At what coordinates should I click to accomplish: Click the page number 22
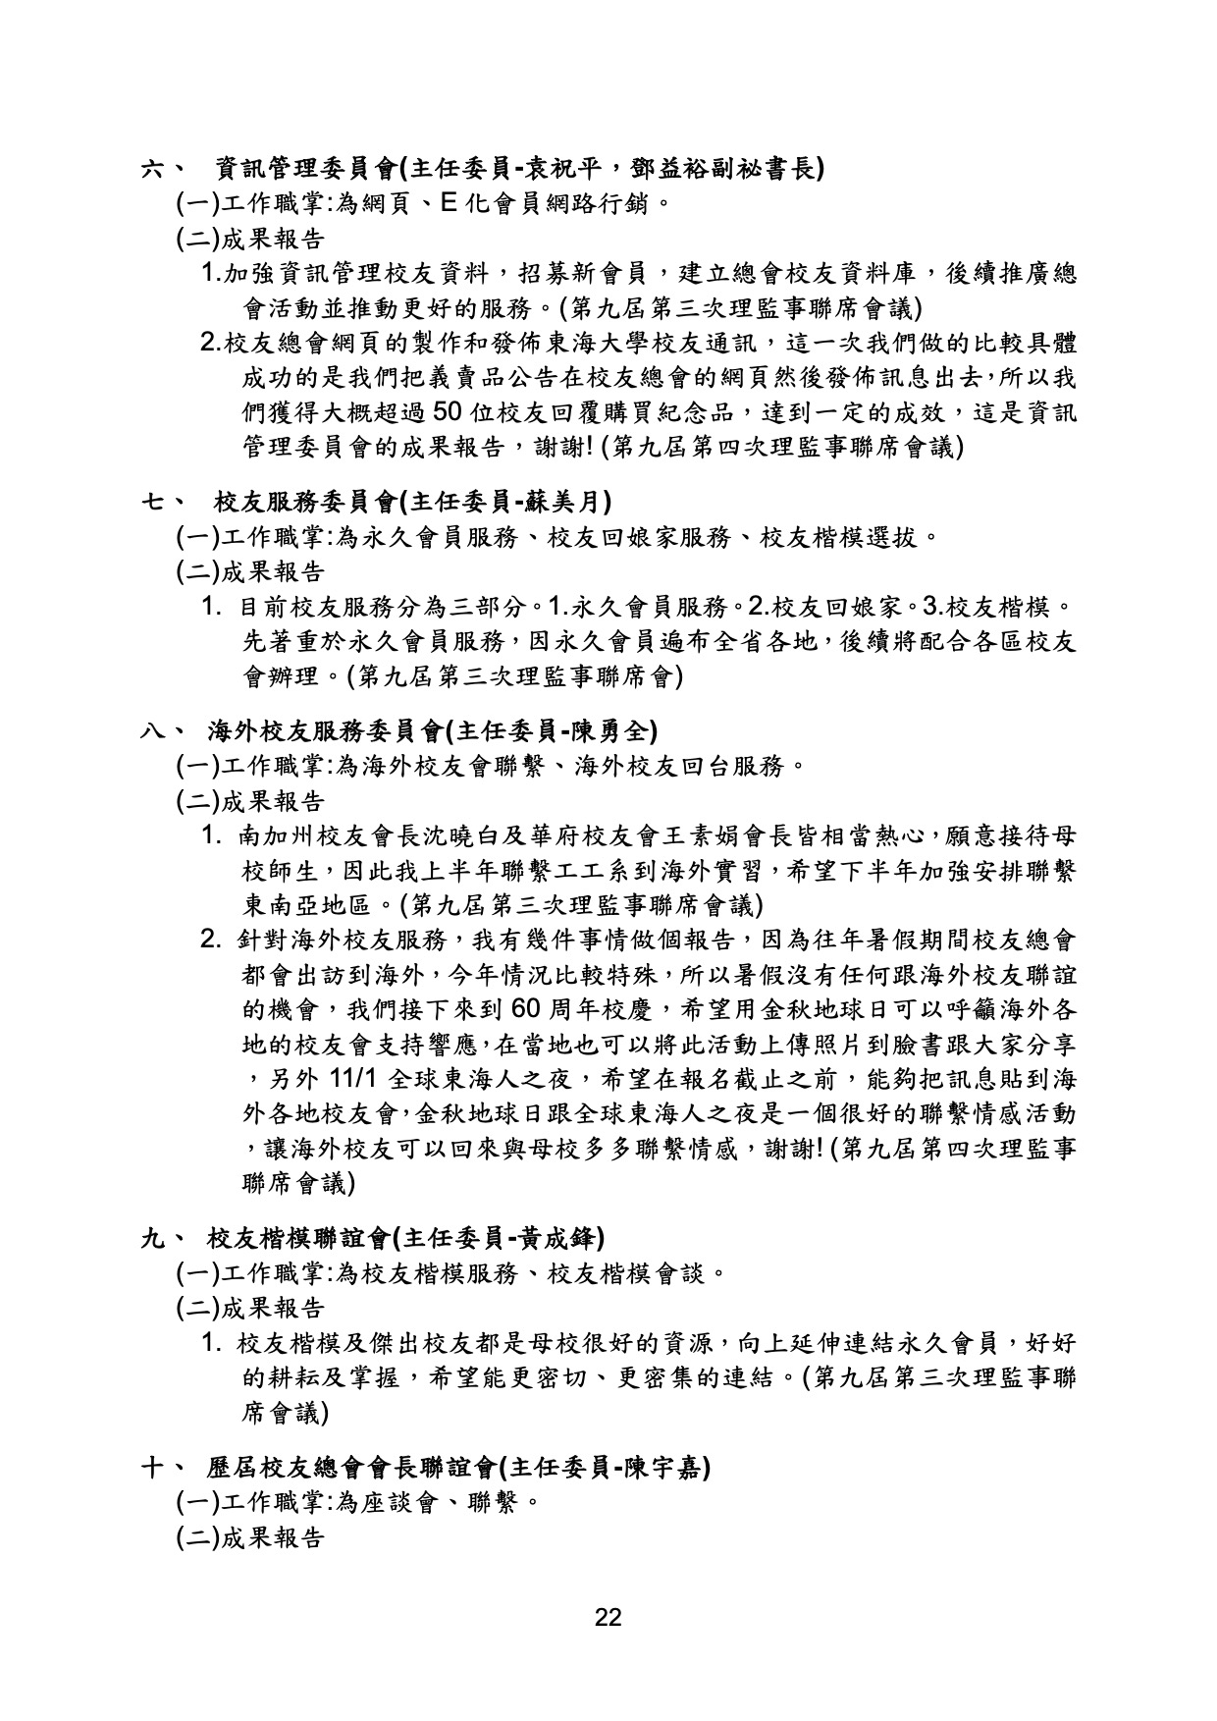coord(608,1617)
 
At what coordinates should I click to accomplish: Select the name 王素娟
coord(720,837)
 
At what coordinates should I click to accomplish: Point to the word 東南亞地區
coord(306,904)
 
